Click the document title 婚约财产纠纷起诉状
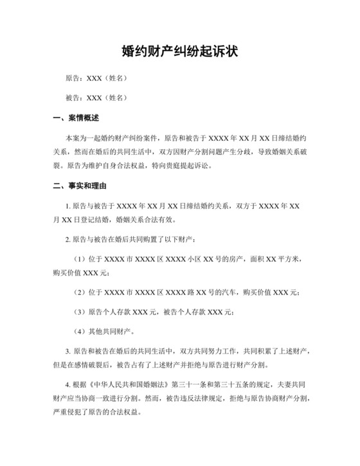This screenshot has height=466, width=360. tap(179, 51)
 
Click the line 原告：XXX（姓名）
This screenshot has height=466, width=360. tap(96, 78)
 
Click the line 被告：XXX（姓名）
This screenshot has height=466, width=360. tap(96, 98)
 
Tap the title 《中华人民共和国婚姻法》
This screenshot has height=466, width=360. tap(132, 385)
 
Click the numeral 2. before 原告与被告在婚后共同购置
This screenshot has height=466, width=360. tap(68, 239)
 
